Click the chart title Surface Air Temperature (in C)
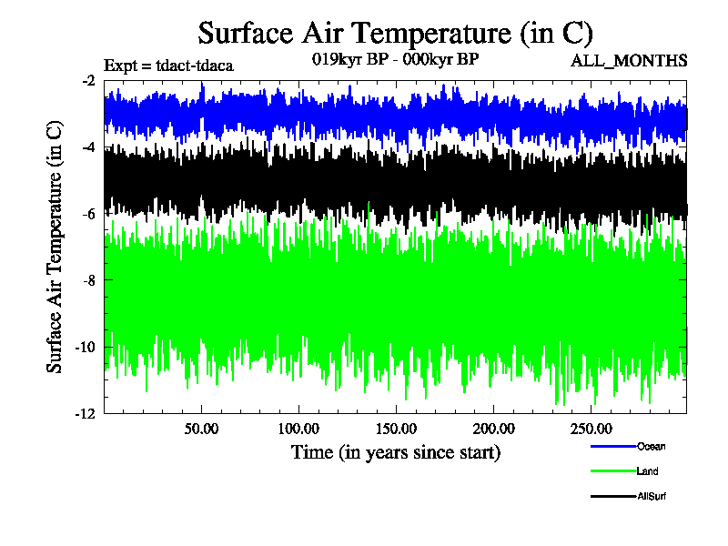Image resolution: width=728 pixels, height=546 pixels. [x=395, y=34]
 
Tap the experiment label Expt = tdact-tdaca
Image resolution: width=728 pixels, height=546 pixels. [x=169, y=65]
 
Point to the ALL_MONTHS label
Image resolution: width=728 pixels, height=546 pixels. [x=628, y=61]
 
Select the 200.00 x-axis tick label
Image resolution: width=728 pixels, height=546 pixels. [x=492, y=429]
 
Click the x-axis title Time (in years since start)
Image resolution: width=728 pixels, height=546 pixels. [x=395, y=451]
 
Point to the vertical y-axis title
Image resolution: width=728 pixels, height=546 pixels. [x=56, y=247]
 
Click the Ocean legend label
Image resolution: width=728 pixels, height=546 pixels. [x=651, y=446]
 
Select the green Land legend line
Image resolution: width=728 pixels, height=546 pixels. [x=612, y=471]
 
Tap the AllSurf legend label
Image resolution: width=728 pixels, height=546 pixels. [x=652, y=496]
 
